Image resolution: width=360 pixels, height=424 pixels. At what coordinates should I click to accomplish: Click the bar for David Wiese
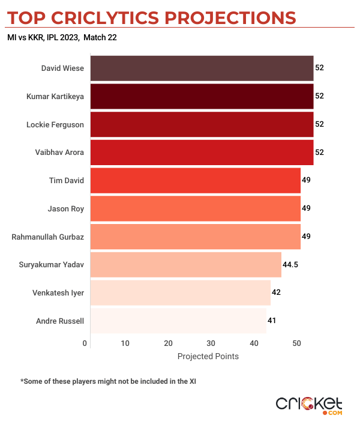[202, 68]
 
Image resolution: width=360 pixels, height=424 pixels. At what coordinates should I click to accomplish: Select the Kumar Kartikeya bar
[202, 96]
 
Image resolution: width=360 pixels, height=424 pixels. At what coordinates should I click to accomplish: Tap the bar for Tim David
[195, 180]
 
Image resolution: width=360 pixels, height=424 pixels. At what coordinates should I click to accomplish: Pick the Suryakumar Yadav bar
[185, 264]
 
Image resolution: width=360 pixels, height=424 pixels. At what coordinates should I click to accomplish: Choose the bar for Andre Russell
[178, 321]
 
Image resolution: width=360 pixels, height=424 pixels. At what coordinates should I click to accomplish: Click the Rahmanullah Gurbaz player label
[48, 237]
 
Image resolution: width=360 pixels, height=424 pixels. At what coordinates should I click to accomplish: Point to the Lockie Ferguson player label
[55, 124]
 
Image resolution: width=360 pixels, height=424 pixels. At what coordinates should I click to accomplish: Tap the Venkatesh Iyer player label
[58, 292]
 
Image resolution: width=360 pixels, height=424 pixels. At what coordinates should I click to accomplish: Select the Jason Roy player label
[65, 208]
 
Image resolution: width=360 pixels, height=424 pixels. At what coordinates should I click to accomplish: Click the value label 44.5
[291, 264]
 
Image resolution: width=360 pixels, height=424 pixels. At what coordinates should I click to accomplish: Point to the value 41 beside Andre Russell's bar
[272, 321]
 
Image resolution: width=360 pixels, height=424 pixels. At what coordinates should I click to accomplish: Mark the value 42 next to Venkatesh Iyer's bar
[276, 292]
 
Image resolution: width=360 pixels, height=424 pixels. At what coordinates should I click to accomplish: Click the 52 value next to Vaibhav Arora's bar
[319, 153]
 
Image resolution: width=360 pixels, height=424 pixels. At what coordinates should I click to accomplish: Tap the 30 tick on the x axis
[211, 344]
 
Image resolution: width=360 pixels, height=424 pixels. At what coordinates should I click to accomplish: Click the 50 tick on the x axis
[296, 344]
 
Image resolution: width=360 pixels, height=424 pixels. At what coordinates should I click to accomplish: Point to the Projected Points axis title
[208, 356]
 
